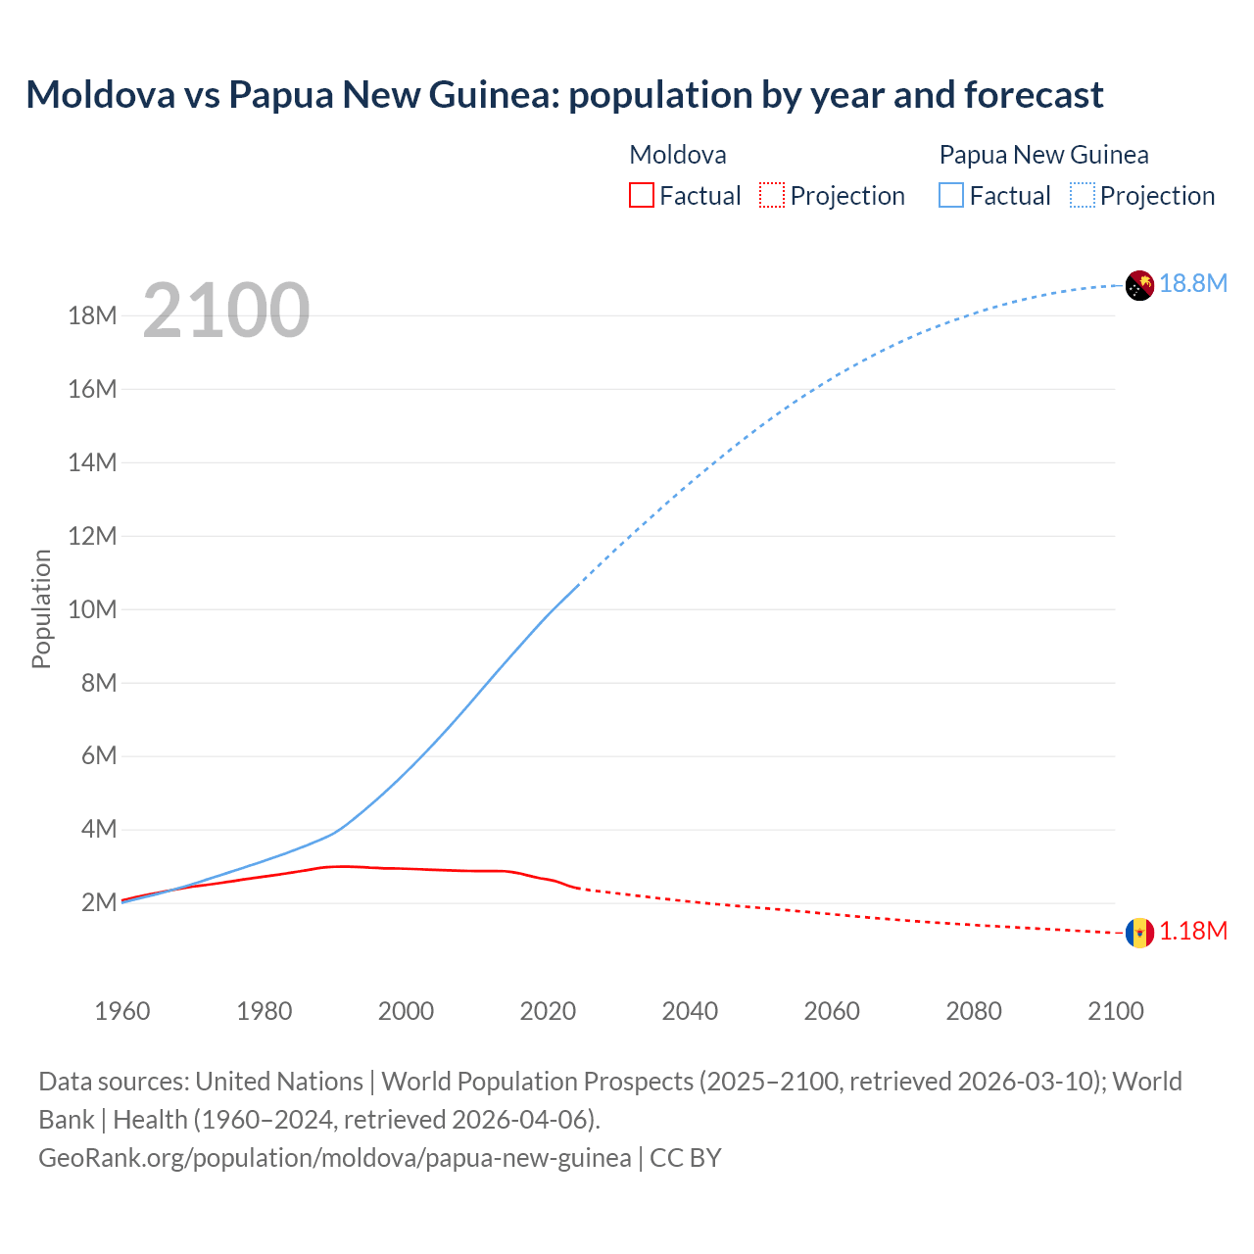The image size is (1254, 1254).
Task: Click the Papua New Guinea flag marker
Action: click(x=1138, y=285)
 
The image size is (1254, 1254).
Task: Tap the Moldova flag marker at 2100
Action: click(x=1138, y=933)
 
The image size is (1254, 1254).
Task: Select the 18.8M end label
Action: click(x=1192, y=284)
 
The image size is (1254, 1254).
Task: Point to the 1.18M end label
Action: click(x=1192, y=932)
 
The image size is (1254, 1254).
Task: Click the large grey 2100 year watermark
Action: click(x=226, y=311)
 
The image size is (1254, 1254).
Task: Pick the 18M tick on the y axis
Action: click(x=93, y=315)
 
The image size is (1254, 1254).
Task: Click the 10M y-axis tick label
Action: click(x=93, y=609)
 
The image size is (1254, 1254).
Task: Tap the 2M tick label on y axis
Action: click(x=99, y=902)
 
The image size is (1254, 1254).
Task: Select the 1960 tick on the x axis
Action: click(x=122, y=1011)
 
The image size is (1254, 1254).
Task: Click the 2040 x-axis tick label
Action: click(x=690, y=1011)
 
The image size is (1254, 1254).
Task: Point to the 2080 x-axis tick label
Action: click(x=974, y=1011)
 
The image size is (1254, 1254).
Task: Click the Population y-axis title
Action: click(x=41, y=608)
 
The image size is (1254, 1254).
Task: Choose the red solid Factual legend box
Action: click(x=641, y=195)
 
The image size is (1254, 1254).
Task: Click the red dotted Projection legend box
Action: click(x=772, y=195)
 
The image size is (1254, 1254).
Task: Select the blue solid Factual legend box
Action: click(x=950, y=195)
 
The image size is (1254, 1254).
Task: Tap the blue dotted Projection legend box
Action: click(x=1082, y=195)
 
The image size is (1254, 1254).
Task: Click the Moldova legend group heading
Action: click(x=678, y=155)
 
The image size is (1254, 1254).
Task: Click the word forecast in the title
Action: click(x=1034, y=95)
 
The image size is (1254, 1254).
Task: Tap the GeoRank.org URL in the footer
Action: click(x=335, y=1158)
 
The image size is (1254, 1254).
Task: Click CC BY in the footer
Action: click(x=686, y=1158)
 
